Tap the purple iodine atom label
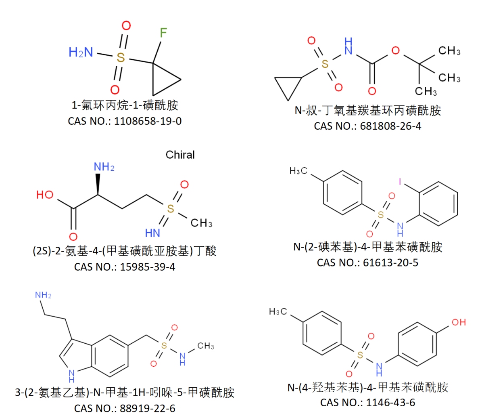(x=400, y=181)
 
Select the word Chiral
(x=180, y=155)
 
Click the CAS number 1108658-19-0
(x=148, y=121)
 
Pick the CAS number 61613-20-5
(x=390, y=262)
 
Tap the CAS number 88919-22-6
(x=148, y=408)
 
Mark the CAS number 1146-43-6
(x=390, y=403)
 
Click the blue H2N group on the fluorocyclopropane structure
(x=81, y=52)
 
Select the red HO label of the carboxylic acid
(x=45, y=195)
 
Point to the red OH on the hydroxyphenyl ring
(x=459, y=322)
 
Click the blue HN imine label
(x=152, y=233)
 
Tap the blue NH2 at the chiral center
(x=104, y=167)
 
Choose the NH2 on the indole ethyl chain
(x=43, y=295)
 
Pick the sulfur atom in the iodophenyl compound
(x=380, y=215)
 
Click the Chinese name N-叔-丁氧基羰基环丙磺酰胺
(x=367, y=111)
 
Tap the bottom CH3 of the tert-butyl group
(x=426, y=91)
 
